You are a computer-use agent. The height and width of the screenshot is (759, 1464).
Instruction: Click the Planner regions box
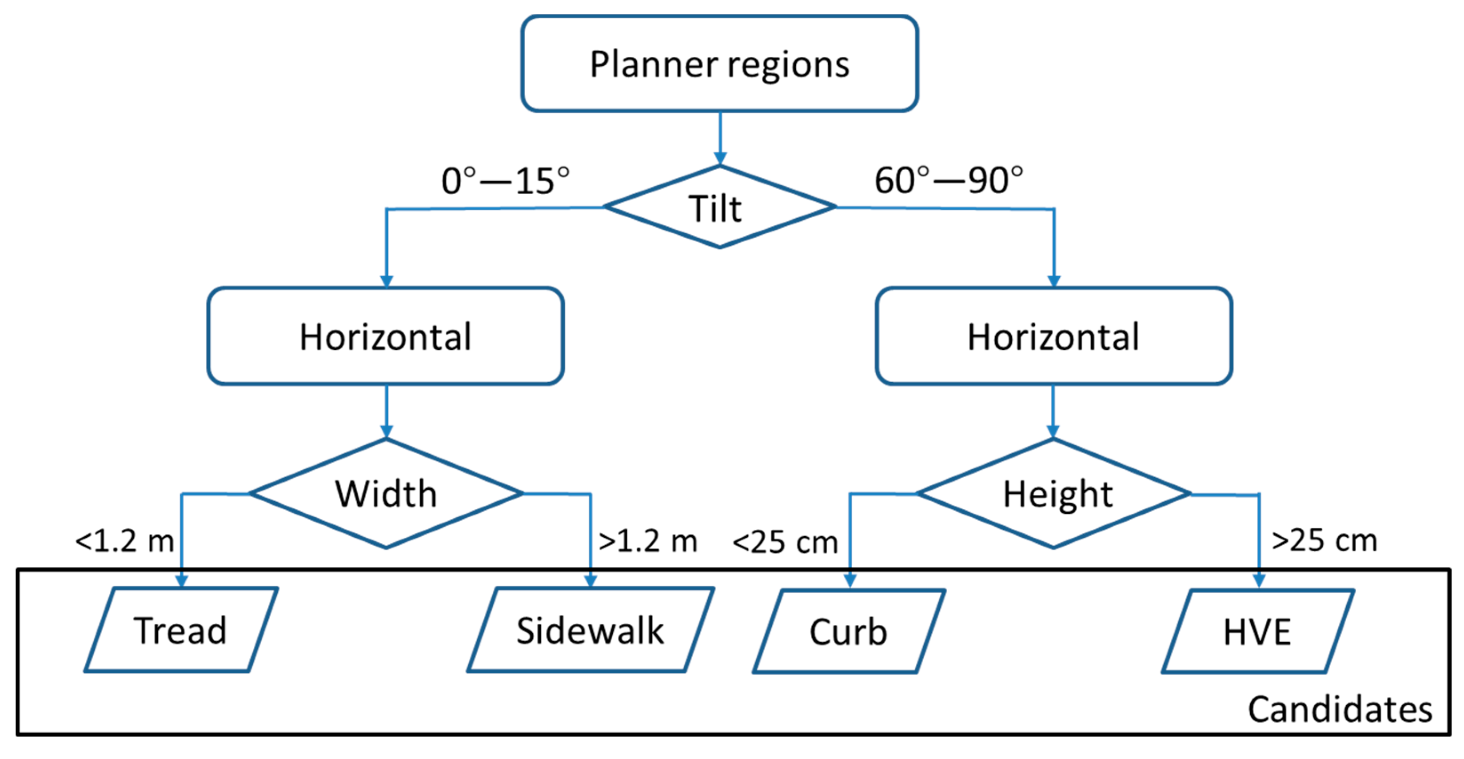[x=719, y=64]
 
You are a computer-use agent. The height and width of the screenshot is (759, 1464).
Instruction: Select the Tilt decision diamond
[x=719, y=208]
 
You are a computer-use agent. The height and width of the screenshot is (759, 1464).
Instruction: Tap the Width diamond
[x=386, y=494]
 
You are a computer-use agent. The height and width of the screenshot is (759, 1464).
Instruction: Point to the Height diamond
[x=1053, y=494]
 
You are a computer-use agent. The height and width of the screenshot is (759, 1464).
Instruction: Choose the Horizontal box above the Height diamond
[x=1053, y=336]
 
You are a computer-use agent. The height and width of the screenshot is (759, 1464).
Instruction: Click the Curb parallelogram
[x=849, y=631]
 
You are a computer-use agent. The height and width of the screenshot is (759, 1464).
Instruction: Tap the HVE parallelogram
[x=1258, y=631]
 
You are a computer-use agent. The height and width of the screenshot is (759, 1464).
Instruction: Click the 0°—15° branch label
[x=505, y=181]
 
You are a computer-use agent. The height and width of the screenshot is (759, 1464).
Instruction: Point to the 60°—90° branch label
[x=949, y=181]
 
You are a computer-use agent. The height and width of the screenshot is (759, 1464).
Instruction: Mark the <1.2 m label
[x=124, y=541]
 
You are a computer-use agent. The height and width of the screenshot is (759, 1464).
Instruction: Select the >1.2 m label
[x=648, y=541]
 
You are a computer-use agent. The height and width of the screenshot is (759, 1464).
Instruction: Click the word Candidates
[x=1340, y=710]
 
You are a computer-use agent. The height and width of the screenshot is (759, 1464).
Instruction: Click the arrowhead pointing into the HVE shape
[x=1259, y=580]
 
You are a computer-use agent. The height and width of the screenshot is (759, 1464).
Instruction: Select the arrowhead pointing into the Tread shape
[x=181, y=580]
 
